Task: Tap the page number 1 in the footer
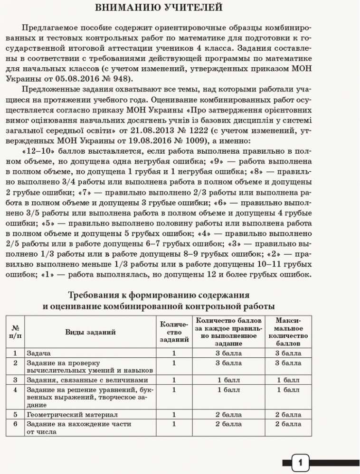tap(300, 462)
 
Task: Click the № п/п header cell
tap(15, 332)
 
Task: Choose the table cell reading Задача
tap(38, 353)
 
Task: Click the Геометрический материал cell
tap(72, 414)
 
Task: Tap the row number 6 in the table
tap(15, 424)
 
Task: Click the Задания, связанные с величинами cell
tap(87, 381)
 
